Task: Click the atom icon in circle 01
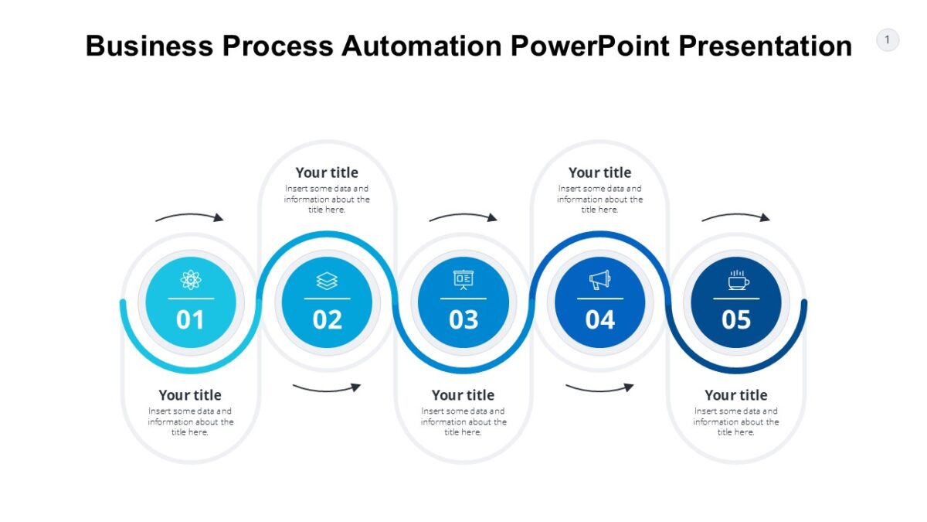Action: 191,280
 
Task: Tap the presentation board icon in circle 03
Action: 463,279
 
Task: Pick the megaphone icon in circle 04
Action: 599,280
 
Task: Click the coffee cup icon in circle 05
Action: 737,280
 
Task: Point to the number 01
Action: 191,319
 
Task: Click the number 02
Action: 327,319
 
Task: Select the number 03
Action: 463,319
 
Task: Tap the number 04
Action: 599,319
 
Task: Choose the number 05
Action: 736,319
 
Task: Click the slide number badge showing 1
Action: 888,39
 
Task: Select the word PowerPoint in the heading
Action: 591,46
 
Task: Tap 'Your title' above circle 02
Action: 327,172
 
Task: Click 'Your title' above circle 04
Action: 599,172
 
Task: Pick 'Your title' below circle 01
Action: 190,395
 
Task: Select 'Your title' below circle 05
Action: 735,395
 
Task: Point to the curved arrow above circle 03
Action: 463,217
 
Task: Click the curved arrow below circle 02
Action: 327,386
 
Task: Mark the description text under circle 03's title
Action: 463,421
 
